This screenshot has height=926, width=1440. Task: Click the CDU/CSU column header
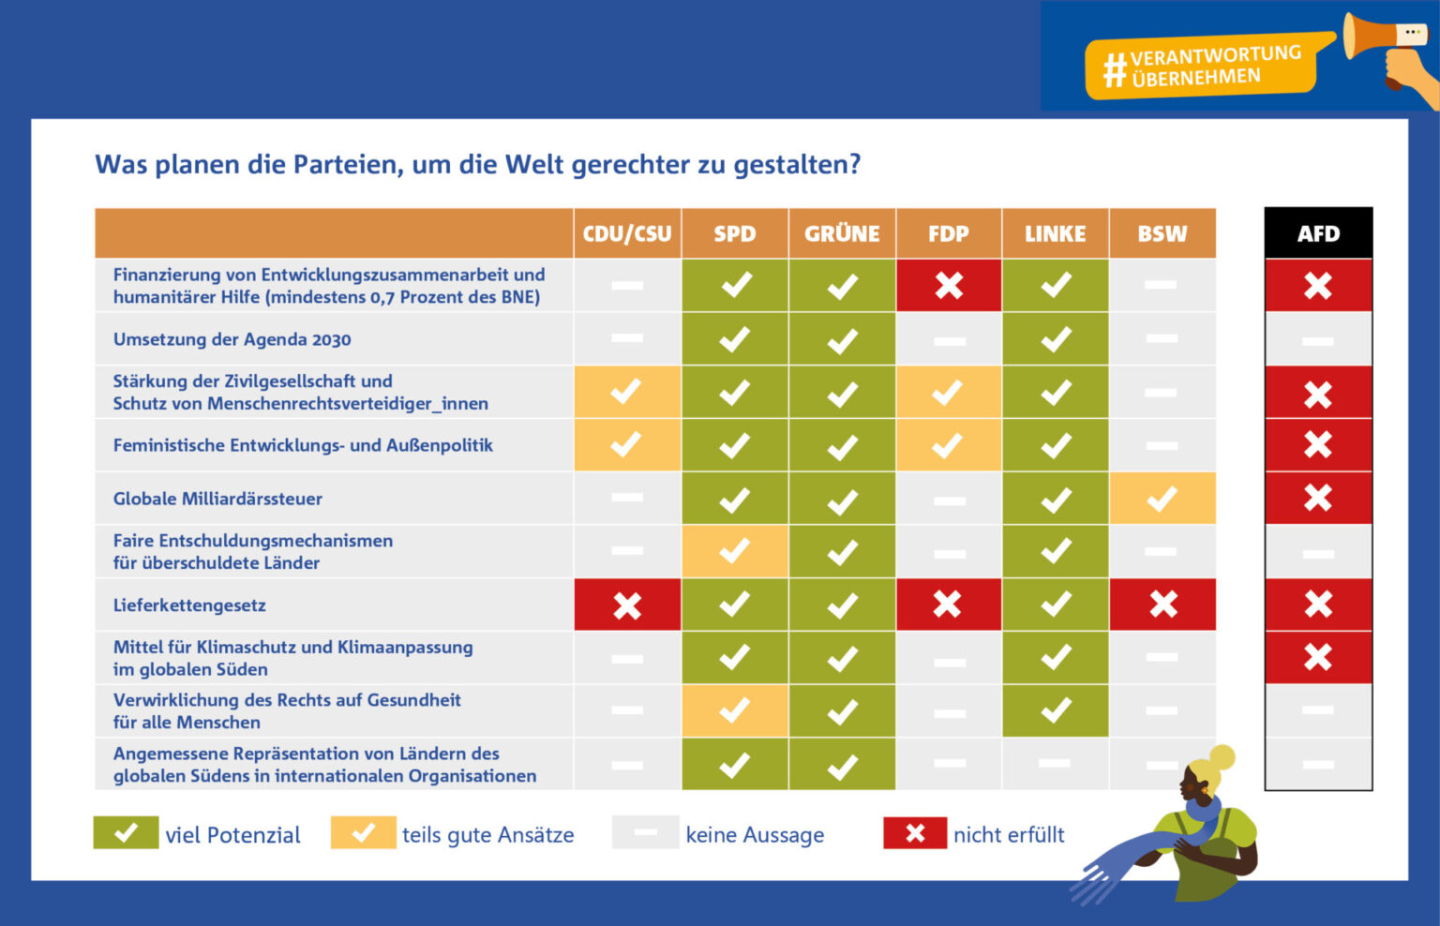(626, 233)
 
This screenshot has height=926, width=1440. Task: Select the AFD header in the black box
(1317, 233)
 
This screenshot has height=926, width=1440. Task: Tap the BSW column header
(1162, 233)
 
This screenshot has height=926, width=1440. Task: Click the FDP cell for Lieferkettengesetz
(948, 605)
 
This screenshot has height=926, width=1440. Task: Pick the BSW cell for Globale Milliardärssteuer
(1162, 498)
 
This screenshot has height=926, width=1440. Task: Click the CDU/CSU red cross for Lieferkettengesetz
(626, 605)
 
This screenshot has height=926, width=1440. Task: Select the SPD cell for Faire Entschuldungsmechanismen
(734, 551)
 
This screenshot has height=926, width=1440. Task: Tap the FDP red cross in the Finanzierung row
(948, 285)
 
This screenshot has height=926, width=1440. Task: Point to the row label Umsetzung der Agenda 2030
(232, 339)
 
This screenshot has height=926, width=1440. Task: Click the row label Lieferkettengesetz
(189, 605)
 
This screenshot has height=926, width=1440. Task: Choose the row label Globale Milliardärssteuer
(217, 499)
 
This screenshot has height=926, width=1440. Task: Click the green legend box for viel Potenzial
(126, 832)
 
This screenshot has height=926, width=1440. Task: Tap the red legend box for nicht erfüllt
(915, 832)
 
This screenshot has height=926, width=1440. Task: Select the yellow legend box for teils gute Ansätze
(363, 832)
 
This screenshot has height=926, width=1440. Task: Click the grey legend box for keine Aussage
(645, 832)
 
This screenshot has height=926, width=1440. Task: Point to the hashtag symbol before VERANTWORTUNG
(1114, 69)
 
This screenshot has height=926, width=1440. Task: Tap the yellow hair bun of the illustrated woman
(1222, 756)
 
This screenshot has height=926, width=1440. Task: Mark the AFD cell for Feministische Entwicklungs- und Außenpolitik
(1317, 444)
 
